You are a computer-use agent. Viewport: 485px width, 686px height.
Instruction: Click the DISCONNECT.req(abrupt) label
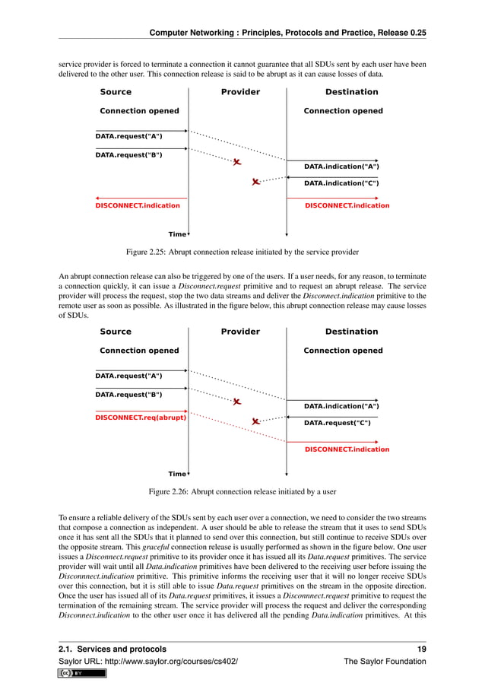[x=141, y=417]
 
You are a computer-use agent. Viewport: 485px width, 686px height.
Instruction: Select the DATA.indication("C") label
[x=341, y=183]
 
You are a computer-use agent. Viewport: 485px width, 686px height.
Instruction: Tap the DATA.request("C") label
[x=338, y=423]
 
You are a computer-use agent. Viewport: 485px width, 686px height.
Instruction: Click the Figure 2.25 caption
[x=242, y=252]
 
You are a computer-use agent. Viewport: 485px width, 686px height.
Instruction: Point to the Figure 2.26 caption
[x=242, y=491]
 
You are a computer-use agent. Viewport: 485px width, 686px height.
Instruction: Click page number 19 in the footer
[x=420, y=649]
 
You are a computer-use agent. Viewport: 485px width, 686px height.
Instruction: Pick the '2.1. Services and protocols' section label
[x=113, y=649]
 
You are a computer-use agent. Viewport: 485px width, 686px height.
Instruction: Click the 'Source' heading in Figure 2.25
[x=116, y=92]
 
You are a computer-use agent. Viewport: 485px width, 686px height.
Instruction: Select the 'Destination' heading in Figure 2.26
[x=351, y=332]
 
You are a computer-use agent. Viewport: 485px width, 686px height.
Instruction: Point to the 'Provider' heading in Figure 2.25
[x=240, y=92]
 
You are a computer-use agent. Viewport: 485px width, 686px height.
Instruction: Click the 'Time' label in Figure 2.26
[x=176, y=474]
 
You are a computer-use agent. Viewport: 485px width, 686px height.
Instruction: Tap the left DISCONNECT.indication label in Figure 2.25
[x=138, y=205]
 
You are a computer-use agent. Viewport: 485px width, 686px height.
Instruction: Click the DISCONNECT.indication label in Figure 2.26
[x=347, y=449]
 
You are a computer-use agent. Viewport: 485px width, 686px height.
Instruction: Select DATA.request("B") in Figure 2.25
[x=128, y=155]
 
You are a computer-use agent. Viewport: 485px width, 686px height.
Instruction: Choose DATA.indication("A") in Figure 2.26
[x=341, y=406]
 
